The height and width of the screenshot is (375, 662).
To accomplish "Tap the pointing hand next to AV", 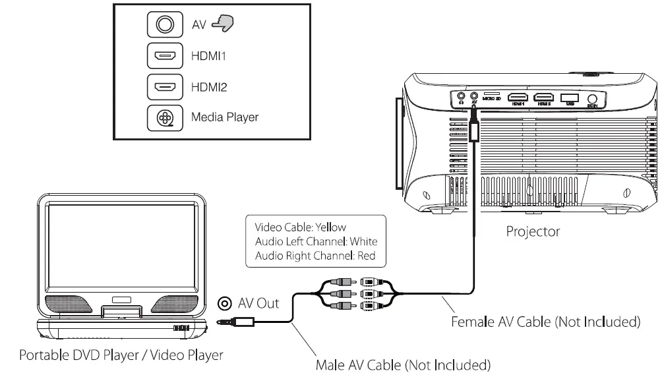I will click(x=223, y=24).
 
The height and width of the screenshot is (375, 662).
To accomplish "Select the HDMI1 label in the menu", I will click(x=208, y=56).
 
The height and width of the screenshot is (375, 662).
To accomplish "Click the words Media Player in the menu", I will click(x=225, y=117).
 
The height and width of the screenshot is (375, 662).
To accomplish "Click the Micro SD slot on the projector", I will click(x=491, y=95).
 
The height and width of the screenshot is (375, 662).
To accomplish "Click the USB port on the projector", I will click(x=568, y=97).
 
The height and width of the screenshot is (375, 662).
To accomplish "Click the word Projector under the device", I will click(x=533, y=231).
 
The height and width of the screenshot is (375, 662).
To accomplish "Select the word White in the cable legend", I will click(x=363, y=241).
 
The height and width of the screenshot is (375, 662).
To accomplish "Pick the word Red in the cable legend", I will click(x=366, y=256).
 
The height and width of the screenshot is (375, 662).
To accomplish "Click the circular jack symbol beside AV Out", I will click(x=225, y=304).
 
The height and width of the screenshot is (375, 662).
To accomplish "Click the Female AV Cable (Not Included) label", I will click(x=546, y=322).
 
